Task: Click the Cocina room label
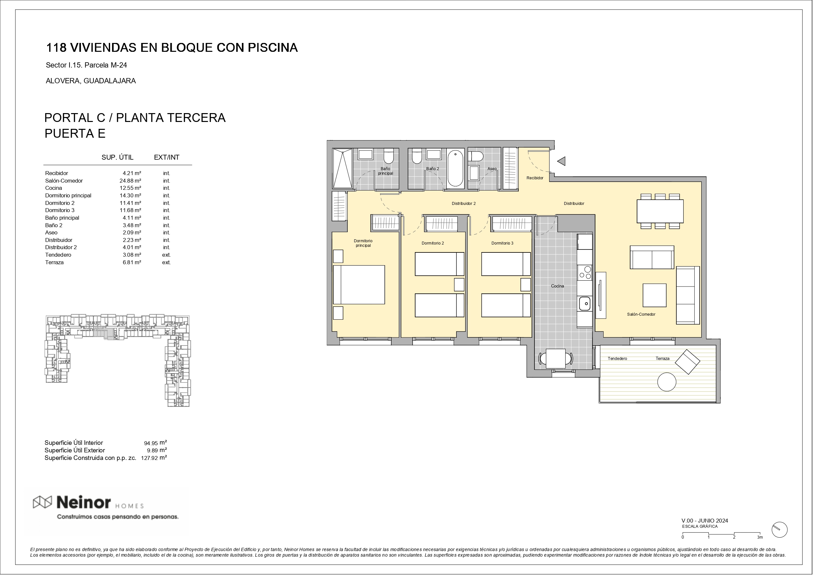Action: coord(557,286)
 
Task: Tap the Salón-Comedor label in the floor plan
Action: coord(641,314)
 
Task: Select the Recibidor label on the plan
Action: coord(535,178)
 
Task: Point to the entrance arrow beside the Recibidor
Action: coord(561,161)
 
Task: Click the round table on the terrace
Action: coord(667,382)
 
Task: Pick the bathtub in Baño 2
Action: coord(455,168)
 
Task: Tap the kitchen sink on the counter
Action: coord(585,304)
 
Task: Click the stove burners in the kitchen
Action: coord(585,272)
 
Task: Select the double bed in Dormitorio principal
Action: coord(359,285)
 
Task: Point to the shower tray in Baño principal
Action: coord(342,168)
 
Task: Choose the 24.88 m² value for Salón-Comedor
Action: coord(130,181)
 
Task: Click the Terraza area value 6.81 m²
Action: coord(132,263)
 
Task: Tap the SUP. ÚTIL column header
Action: coord(118,157)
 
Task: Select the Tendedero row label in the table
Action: coord(58,255)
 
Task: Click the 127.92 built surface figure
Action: coord(149,458)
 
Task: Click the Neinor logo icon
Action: coord(43,502)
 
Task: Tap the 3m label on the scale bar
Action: coord(760,537)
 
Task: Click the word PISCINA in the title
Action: coord(273,48)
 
